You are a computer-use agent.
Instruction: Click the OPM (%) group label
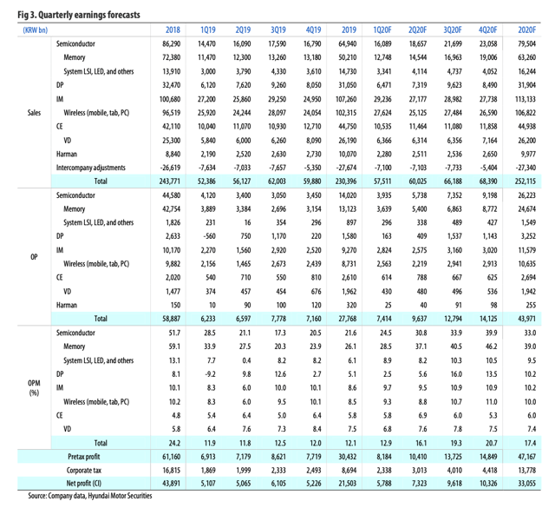pyautogui.click(x=34, y=386)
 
